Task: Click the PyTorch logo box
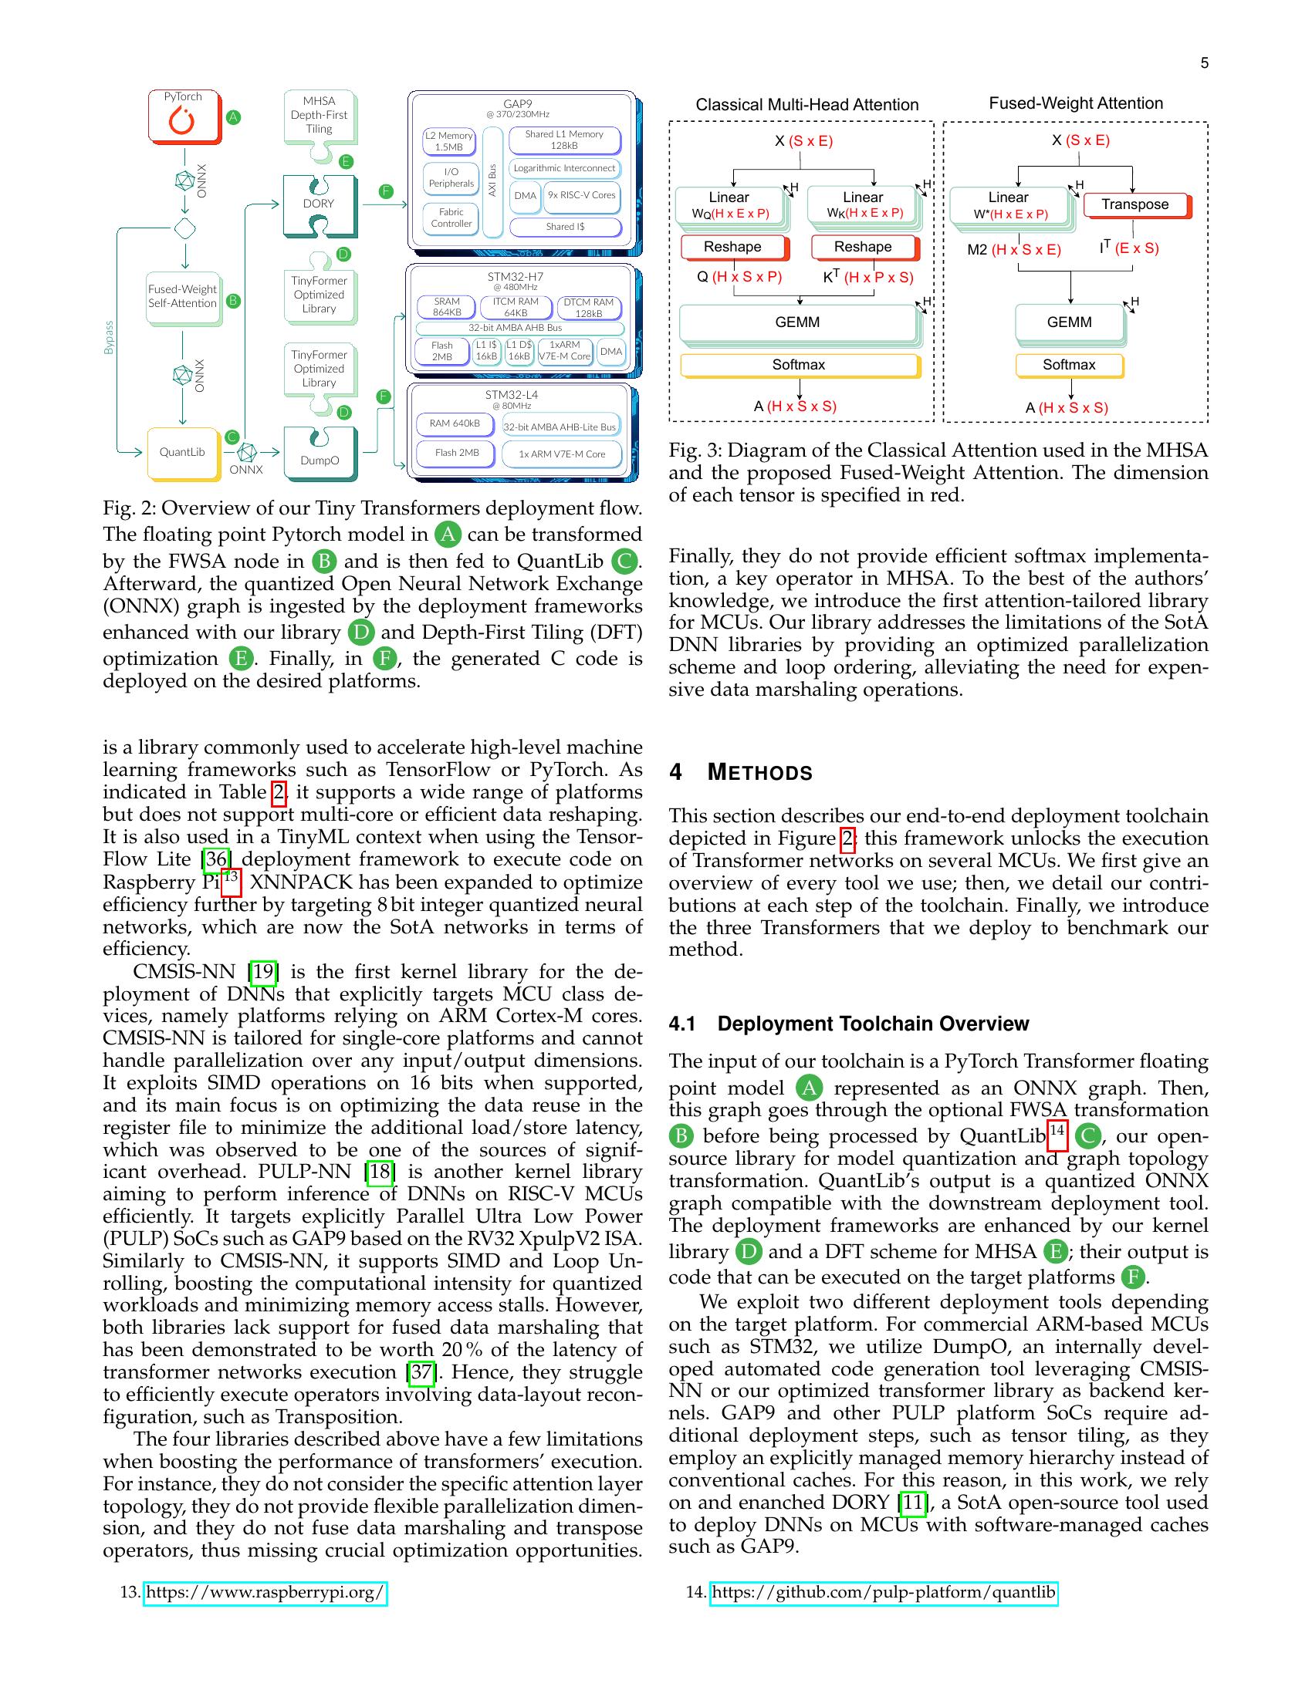(184, 117)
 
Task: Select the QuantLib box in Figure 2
(182, 452)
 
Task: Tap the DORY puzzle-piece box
(319, 204)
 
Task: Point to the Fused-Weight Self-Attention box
(182, 297)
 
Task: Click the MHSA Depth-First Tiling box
(319, 116)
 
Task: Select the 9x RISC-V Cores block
(581, 195)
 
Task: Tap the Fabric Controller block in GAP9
(451, 218)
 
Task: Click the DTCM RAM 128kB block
(588, 308)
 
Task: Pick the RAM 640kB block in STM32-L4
(455, 424)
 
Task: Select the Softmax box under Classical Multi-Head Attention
(798, 365)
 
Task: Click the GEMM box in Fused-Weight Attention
(1069, 322)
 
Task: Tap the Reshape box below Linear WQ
(732, 247)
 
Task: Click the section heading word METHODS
(759, 772)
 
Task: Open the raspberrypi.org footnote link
(265, 1592)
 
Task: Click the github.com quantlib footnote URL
(883, 1592)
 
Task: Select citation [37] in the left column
(421, 1372)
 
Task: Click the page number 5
(1204, 64)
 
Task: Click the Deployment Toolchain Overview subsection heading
(872, 1024)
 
